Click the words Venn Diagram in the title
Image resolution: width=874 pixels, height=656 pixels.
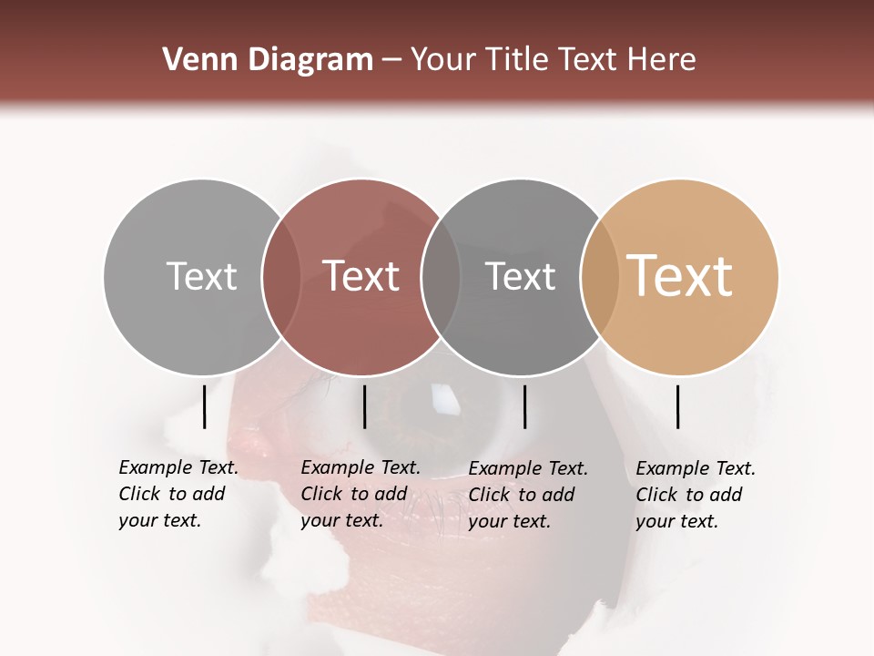tap(268, 60)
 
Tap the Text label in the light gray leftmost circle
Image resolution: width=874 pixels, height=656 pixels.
tap(201, 276)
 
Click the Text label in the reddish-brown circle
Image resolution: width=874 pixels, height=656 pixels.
tap(361, 276)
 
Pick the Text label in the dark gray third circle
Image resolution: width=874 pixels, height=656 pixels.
tap(520, 276)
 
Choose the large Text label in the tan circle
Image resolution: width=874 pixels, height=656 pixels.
tap(680, 276)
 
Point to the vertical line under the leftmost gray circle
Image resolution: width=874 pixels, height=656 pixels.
tap(204, 406)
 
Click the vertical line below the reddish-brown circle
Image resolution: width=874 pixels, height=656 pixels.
tap(364, 406)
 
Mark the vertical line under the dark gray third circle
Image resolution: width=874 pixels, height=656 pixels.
tap(524, 406)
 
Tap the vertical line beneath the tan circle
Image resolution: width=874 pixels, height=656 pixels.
tap(677, 406)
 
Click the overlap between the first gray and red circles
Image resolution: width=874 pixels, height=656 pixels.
tap(281, 277)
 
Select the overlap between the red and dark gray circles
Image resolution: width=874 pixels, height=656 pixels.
tap(441, 277)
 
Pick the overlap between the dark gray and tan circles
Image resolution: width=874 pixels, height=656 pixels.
tap(599, 277)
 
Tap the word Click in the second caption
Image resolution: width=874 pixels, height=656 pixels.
tap(320, 495)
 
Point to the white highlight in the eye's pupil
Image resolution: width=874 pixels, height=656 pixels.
tap(443, 398)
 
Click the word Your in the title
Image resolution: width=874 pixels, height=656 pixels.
tap(442, 60)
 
